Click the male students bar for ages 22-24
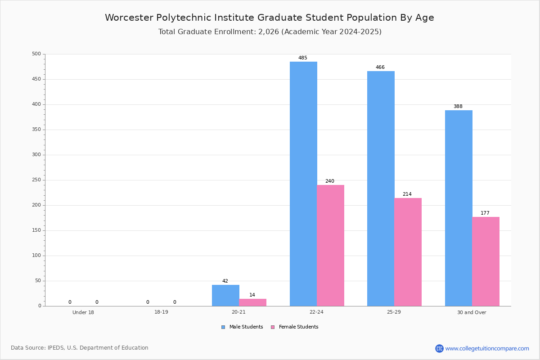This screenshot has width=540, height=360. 303,184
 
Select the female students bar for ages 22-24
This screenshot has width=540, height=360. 330,245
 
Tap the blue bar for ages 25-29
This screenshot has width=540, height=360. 381,189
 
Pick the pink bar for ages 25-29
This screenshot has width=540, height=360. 408,252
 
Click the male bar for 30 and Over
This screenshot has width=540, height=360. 459,208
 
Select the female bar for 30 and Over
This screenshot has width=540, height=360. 486,261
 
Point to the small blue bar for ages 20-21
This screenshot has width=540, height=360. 225,295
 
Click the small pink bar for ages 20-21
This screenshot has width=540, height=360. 252,302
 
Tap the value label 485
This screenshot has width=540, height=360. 303,58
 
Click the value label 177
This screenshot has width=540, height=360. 485,213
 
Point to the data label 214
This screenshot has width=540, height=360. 407,194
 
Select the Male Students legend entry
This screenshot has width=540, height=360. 242,327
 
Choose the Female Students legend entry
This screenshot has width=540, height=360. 295,327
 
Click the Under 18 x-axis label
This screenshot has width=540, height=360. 83,312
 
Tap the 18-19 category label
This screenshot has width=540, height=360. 161,312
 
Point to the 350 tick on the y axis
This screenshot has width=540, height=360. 36,130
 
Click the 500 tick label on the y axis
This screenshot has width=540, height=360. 36,54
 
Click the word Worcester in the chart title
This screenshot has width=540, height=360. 129,18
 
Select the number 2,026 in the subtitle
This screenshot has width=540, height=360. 269,32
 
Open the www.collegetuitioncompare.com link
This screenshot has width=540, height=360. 487,348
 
